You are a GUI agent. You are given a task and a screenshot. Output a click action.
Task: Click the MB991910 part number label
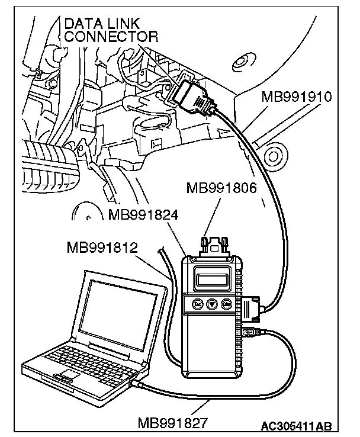(296, 97)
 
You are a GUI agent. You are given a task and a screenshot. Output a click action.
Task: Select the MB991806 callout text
(221, 189)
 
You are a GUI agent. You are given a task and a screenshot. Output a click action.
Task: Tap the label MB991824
(143, 214)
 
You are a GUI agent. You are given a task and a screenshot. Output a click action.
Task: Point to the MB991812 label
(103, 246)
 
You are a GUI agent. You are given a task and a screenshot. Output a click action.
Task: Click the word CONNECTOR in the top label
(111, 37)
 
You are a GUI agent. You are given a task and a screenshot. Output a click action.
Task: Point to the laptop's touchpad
(67, 375)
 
